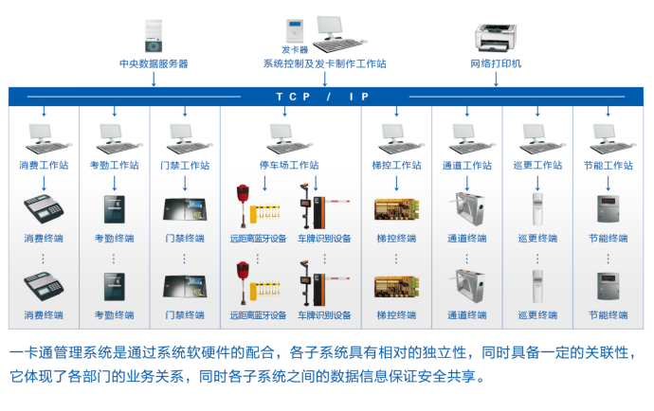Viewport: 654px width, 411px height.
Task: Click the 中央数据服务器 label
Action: coord(154,64)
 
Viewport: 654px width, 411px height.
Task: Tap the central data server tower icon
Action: coord(154,35)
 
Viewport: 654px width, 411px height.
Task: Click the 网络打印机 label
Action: coord(496,64)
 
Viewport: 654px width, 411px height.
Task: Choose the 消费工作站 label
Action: coord(44,165)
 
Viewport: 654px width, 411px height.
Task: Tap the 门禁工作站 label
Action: coord(185,165)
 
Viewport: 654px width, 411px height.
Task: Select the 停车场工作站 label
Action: coord(289,165)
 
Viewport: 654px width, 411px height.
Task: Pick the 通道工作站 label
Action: coord(466,165)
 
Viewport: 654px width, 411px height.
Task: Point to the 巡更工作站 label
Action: coord(537,165)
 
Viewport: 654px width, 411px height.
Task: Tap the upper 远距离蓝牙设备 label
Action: coord(258,239)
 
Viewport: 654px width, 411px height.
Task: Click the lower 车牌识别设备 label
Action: coord(324,314)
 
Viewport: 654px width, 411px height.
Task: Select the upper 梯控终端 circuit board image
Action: coord(396,208)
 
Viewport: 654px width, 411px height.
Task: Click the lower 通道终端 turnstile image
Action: coord(466,285)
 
